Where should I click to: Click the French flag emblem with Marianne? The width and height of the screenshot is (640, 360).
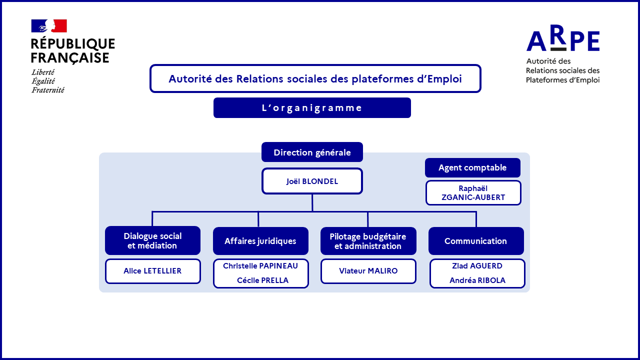pos(49,26)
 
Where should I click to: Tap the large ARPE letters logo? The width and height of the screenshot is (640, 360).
pos(563,38)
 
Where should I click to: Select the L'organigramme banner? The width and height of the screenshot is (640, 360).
pos(312,107)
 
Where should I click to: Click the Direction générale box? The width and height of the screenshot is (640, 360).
pos(312,152)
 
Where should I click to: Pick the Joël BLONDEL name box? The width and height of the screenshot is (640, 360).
pos(312,181)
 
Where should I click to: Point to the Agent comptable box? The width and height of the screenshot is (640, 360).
pos(472,167)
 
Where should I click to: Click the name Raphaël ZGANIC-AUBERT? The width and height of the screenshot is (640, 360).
pos(473,193)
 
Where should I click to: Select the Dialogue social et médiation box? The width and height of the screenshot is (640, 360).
pos(152,240)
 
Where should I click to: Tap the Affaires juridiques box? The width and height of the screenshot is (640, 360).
pos(260,241)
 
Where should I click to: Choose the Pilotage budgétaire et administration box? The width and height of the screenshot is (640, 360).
pos(368,241)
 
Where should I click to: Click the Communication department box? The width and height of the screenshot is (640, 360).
pos(476,241)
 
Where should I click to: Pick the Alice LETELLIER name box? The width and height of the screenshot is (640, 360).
pos(153,271)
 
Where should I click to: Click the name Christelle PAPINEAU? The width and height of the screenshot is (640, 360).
pos(260,266)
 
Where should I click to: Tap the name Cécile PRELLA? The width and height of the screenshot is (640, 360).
pos(262,280)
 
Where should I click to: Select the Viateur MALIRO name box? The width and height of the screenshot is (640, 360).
pos(368,271)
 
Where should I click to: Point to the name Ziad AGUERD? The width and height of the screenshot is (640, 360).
pos(477,266)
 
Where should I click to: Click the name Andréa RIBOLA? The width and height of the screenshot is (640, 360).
pos(477,280)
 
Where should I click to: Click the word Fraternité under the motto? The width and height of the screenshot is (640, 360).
pos(48,90)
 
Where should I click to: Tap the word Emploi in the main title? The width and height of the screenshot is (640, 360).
pos(444,79)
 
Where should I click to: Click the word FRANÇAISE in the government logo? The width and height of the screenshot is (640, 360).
pos(70,57)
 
